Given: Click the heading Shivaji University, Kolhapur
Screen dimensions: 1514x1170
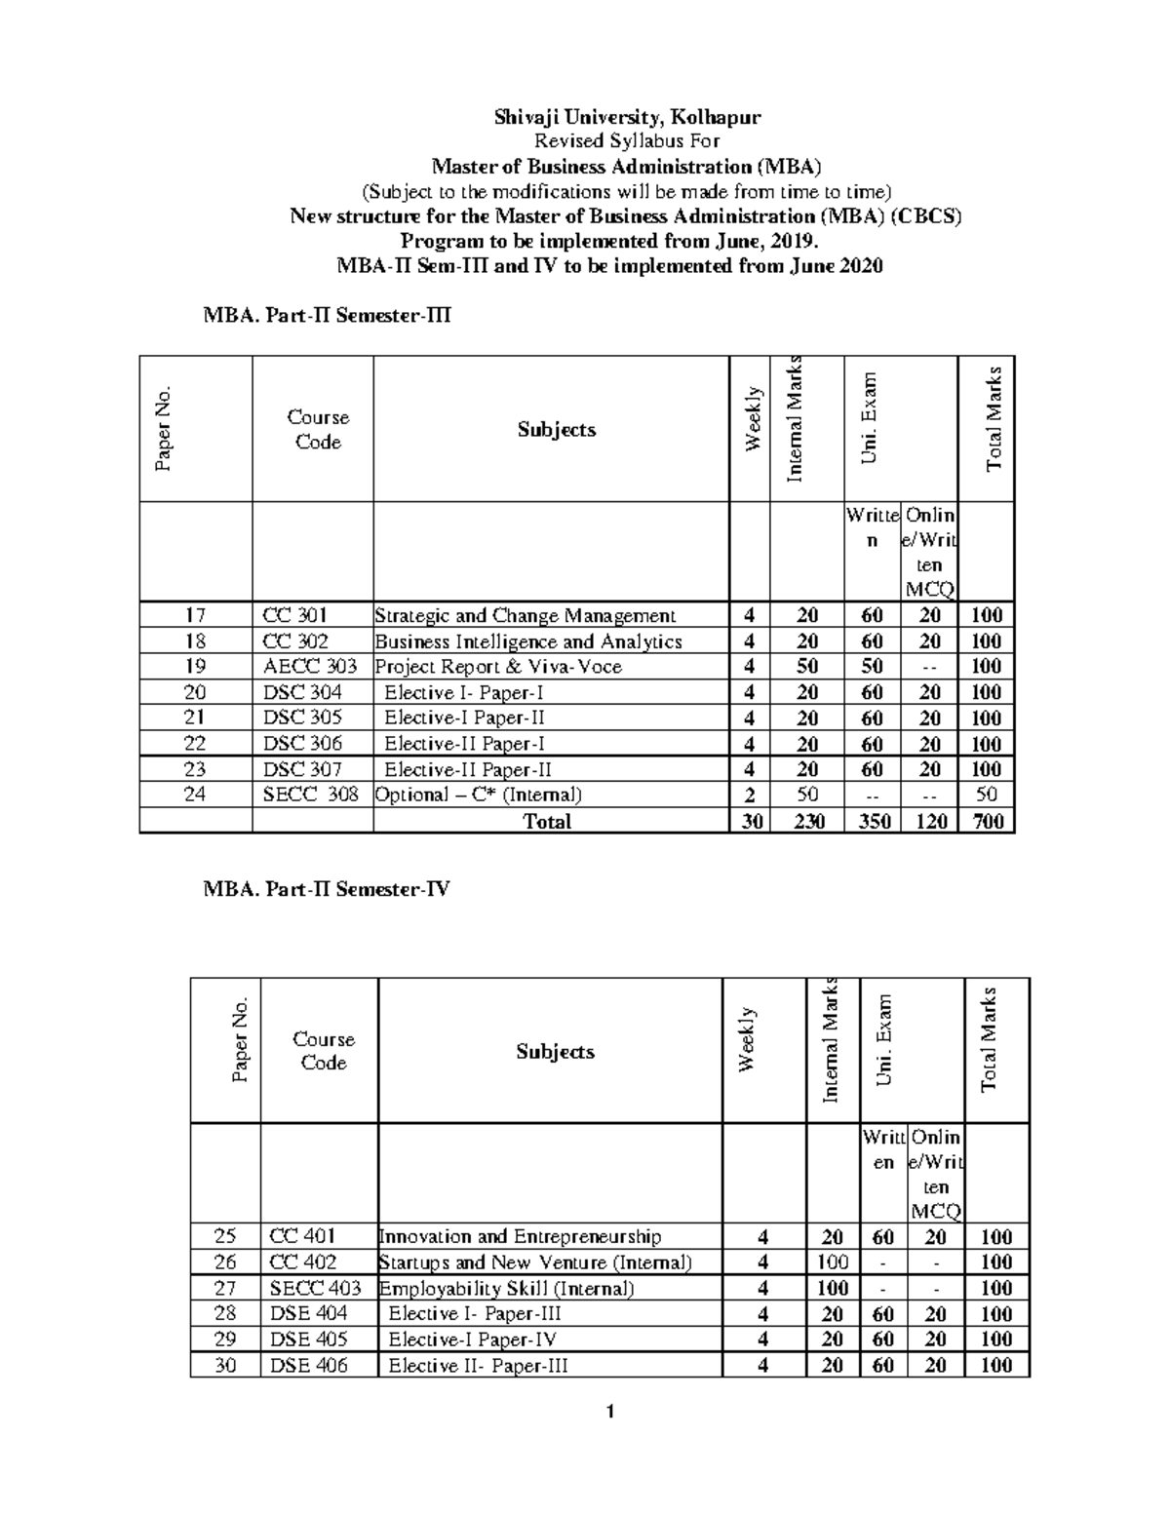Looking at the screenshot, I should pos(627,118).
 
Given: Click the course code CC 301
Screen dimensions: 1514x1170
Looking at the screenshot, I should pos(295,615).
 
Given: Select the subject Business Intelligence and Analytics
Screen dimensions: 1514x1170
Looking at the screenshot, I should pos(528,641).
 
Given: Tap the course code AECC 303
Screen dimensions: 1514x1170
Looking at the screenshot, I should pos(310,667).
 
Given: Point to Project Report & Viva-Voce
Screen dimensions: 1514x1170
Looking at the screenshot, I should pos(498,667).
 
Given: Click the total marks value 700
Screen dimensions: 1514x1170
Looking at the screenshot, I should pos(988,821).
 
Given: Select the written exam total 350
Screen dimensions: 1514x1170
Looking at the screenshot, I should pos(874,821).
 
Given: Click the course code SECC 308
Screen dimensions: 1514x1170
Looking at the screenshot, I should pos(311,795).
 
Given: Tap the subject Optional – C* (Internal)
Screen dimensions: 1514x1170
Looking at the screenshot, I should pos(478,795).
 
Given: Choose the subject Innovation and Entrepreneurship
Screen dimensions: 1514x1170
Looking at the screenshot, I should pos(520,1236).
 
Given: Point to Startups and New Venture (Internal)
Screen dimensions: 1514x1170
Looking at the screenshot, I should pos(535,1262).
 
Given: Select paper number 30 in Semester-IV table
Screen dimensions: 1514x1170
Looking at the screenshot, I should pos(225,1365).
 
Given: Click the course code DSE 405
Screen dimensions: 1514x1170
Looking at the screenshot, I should pos(308,1339).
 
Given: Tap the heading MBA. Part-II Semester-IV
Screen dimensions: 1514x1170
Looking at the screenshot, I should pos(327,889).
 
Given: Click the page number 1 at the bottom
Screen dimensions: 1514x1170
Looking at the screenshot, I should pos(609,1412).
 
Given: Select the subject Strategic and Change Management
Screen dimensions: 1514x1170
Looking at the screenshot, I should pos(525,615).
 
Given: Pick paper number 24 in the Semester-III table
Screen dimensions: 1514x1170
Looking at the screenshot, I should pos(195,795).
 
